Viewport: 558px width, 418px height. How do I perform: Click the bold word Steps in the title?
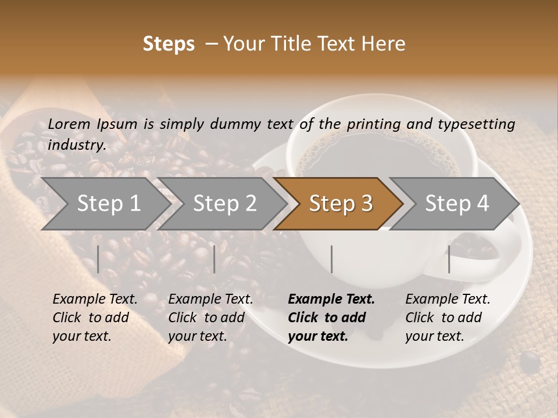click(169, 44)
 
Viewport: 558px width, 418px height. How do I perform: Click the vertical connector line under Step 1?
click(98, 259)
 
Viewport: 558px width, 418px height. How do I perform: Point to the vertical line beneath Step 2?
click(214, 259)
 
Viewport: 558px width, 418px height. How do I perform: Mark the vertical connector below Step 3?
click(331, 259)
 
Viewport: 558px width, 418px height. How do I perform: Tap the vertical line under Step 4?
click(449, 259)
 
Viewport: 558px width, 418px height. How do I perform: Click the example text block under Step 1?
click(95, 318)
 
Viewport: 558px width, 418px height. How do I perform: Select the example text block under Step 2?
click(210, 318)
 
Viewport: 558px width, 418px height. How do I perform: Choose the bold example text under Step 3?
click(331, 318)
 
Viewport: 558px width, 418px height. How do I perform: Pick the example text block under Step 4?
click(448, 318)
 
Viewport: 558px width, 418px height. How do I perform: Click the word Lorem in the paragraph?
click(69, 124)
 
